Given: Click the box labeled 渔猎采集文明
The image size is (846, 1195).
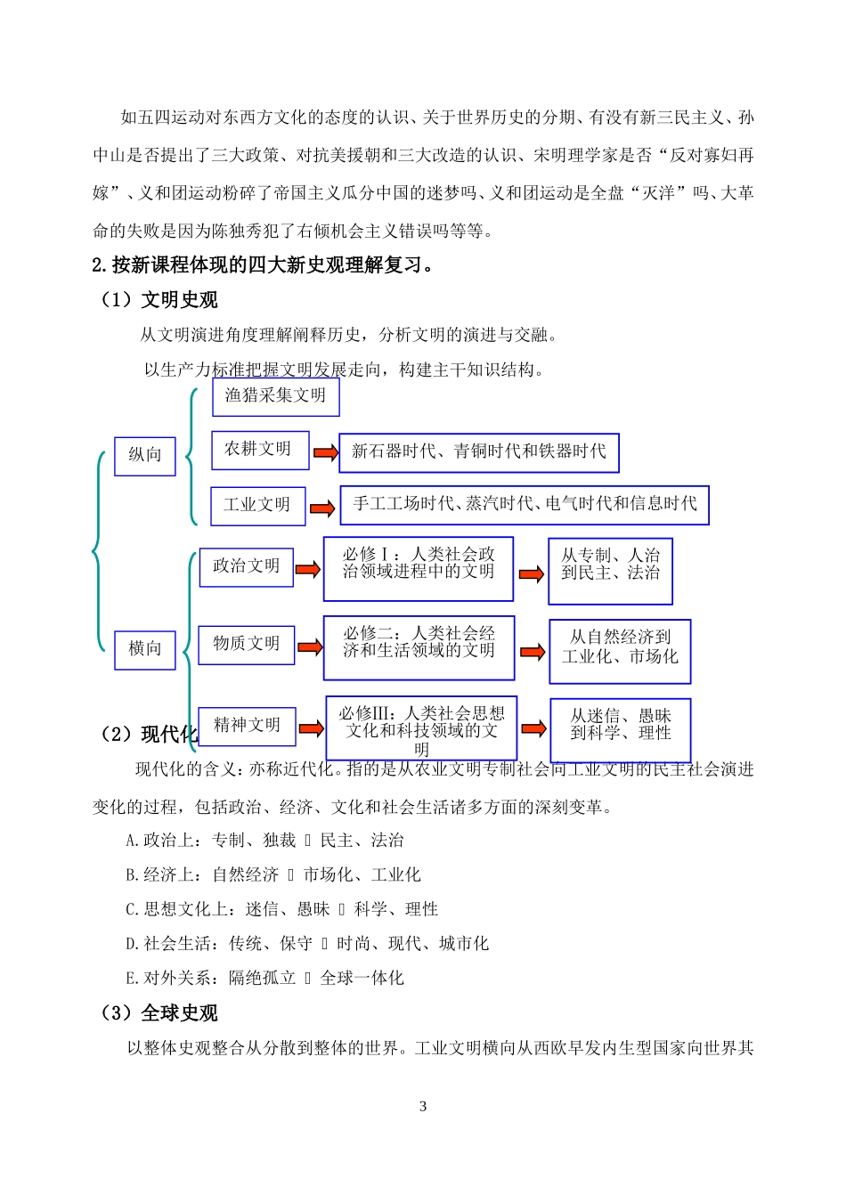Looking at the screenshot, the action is pyautogui.click(x=275, y=396).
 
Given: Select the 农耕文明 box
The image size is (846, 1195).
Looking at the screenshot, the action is pyautogui.click(x=259, y=450).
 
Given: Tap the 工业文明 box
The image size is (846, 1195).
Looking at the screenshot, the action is pyautogui.click(x=257, y=505).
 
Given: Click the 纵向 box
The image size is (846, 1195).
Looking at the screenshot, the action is pyautogui.click(x=144, y=456).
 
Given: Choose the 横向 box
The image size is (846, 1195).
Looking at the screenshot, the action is pyautogui.click(x=144, y=649).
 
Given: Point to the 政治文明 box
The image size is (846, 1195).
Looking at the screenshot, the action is pyautogui.click(x=246, y=566).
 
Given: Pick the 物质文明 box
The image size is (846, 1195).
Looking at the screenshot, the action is pyautogui.click(x=246, y=644).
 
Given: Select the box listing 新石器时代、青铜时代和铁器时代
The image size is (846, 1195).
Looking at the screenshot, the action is pyautogui.click(x=478, y=452).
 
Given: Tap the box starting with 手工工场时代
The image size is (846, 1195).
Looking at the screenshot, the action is pyautogui.click(x=525, y=505).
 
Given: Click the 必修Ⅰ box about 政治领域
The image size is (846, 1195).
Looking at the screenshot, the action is pyautogui.click(x=418, y=568).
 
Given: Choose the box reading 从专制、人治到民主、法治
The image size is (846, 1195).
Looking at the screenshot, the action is pyautogui.click(x=610, y=570).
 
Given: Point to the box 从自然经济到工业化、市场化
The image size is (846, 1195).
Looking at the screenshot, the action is pyautogui.click(x=620, y=651).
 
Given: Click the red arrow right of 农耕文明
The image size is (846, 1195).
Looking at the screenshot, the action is pyautogui.click(x=326, y=453).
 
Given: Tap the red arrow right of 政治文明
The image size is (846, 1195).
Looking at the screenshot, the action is pyautogui.click(x=307, y=569).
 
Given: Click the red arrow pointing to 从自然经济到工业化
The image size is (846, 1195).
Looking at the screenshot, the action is pyautogui.click(x=533, y=652).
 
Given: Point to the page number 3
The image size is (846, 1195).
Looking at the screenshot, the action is pyautogui.click(x=423, y=1107).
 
